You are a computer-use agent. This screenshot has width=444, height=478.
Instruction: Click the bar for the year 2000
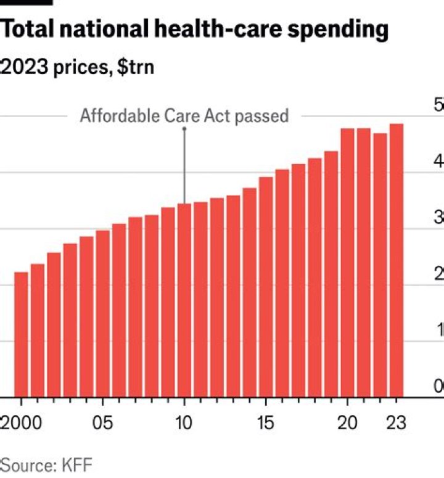[x=21, y=334]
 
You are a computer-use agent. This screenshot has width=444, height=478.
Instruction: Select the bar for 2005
[x=102, y=313]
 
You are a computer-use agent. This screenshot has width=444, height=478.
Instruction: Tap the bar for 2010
[x=184, y=300]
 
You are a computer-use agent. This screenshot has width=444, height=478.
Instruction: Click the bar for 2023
[x=396, y=260]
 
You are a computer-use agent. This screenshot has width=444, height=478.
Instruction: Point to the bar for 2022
[x=380, y=265]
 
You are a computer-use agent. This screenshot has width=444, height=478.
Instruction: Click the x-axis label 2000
[x=22, y=424]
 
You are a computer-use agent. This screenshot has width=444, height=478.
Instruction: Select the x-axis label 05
[x=102, y=424]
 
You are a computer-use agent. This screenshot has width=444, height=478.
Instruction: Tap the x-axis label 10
[x=184, y=424]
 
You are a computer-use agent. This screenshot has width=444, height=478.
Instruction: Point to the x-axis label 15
[x=266, y=424]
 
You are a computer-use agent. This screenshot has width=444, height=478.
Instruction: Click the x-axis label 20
[x=347, y=424]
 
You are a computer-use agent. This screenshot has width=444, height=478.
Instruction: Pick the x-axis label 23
[x=396, y=424]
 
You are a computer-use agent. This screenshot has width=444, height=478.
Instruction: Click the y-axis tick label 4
[x=438, y=162]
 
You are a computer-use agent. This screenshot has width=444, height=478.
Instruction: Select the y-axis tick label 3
[x=438, y=218]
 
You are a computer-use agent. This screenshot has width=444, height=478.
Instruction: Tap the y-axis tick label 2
[x=438, y=274]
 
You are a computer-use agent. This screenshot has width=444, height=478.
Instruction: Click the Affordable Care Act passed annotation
[x=184, y=116]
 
